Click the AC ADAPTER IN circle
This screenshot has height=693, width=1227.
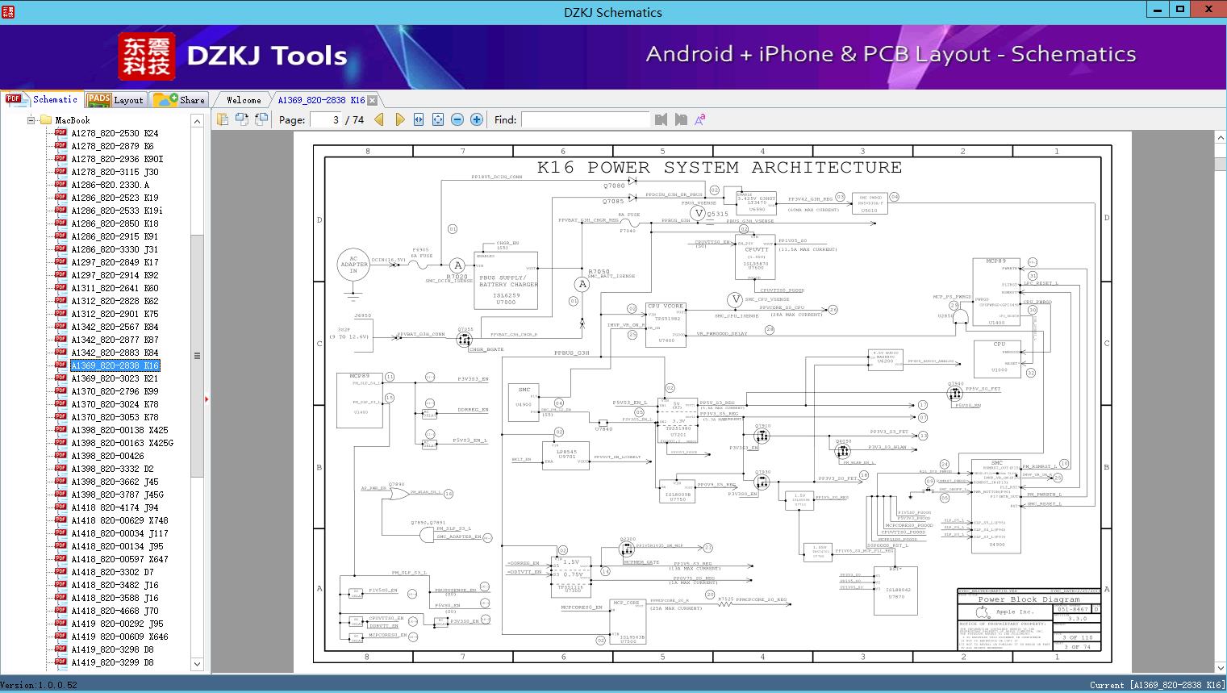click(353, 265)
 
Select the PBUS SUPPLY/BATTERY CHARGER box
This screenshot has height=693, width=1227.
click(506, 280)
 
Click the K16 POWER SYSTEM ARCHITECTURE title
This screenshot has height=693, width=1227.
click(720, 168)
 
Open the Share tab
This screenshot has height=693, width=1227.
click(180, 100)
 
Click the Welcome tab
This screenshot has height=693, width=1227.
click(244, 100)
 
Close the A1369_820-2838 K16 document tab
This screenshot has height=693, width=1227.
click(372, 100)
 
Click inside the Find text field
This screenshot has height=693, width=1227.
click(585, 119)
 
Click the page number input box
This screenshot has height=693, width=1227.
click(326, 119)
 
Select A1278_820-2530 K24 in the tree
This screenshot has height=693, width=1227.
click(115, 133)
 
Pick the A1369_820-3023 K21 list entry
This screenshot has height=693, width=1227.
click(115, 378)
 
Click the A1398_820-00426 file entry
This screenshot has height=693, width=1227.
click(107, 456)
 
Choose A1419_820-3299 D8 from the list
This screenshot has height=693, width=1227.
click(112, 662)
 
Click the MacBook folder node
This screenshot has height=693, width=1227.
click(72, 120)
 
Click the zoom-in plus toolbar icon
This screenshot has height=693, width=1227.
click(477, 119)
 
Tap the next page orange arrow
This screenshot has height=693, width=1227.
click(399, 119)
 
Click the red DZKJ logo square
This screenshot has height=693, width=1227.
click(146, 56)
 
